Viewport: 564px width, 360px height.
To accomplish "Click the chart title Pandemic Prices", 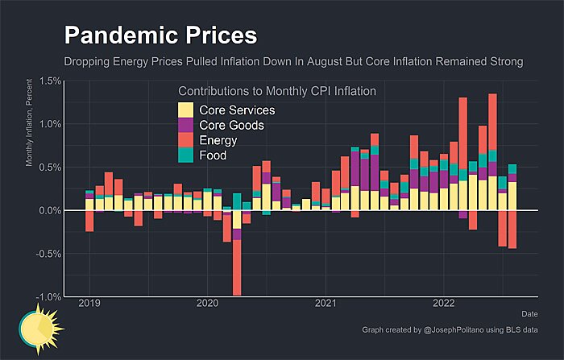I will click(x=160, y=35).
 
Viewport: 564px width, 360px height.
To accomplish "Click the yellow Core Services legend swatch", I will click(x=185, y=110).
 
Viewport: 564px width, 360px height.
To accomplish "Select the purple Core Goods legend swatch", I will click(x=185, y=126).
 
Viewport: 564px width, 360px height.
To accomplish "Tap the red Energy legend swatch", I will click(x=185, y=140).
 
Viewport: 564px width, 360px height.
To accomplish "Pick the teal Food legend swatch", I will click(x=185, y=155).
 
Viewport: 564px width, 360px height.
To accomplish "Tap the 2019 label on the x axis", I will click(x=89, y=304).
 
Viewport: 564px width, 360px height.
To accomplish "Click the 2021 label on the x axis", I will click(x=326, y=304).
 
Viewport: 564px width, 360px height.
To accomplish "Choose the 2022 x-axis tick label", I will click(x=444, y=304).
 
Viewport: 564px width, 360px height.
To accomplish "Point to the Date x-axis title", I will click(x=529, y=313).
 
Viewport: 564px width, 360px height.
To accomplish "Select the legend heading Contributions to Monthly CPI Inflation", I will click(x=276, y=92).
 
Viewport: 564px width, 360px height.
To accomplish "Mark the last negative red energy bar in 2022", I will click(x=512, y=230).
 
